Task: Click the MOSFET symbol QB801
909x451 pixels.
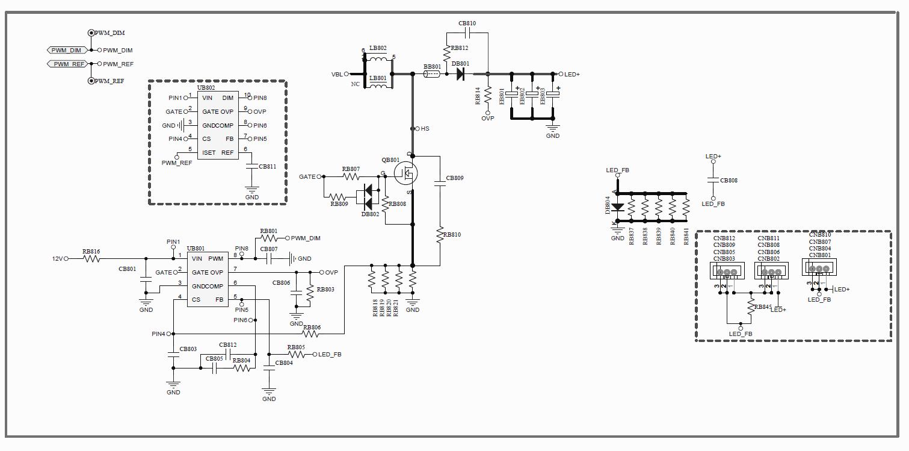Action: coord(406,173)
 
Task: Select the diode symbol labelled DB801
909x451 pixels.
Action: coord(460,74)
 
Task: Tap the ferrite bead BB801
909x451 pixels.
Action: coord(432,74)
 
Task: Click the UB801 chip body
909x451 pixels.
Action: coord(208,279)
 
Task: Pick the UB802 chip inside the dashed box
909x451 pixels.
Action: coord(218,125)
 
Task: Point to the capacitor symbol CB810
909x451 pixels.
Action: coord(467,33)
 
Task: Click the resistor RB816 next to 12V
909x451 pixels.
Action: coord(91,258)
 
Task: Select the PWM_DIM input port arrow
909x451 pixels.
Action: coord(67,51)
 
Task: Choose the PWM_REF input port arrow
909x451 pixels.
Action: coord(68,64)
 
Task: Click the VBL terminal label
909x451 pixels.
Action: coord(337,74)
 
